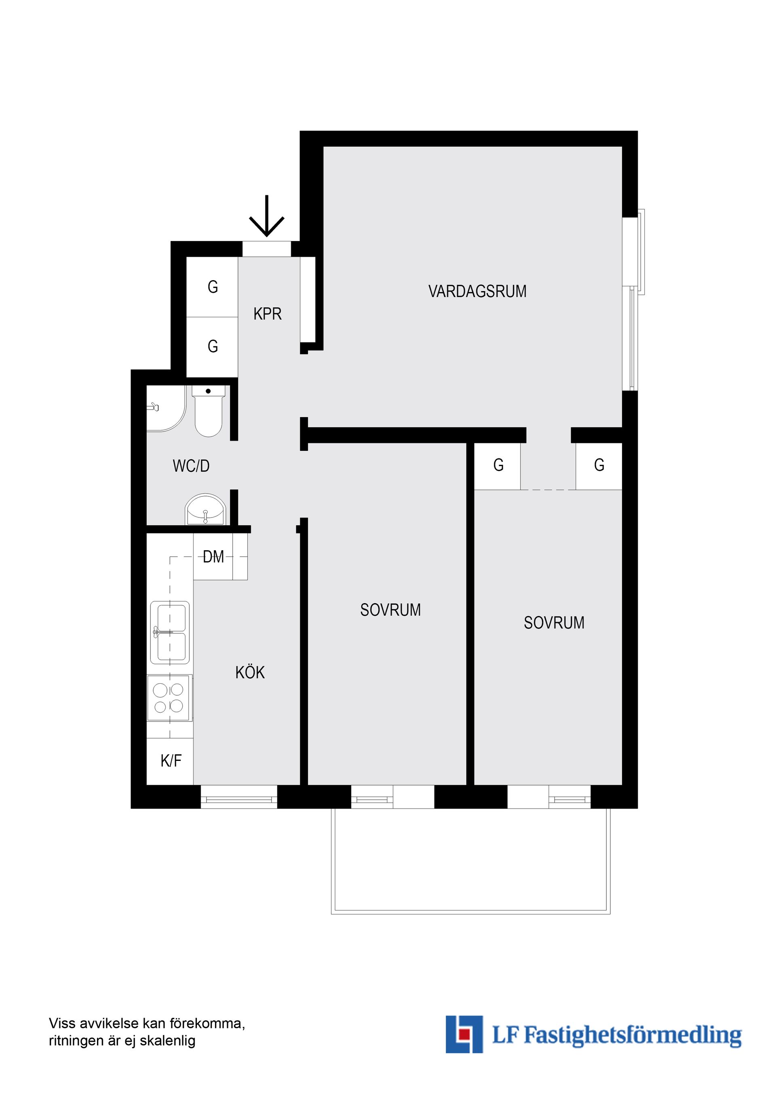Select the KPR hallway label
[x=267, y=314]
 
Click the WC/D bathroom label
[x=191, y=466]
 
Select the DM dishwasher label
[x=213, y=557]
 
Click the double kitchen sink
[x=170, y=632]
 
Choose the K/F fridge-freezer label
[x=171, y=760]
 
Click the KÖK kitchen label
[x=250, y=673]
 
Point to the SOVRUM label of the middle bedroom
[x=390, y=610]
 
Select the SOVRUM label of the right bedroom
[x=554, y=623]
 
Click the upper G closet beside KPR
[x=212, y=287]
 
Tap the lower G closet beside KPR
[x=212, y=346]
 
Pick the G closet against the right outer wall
[x=599, y=465]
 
